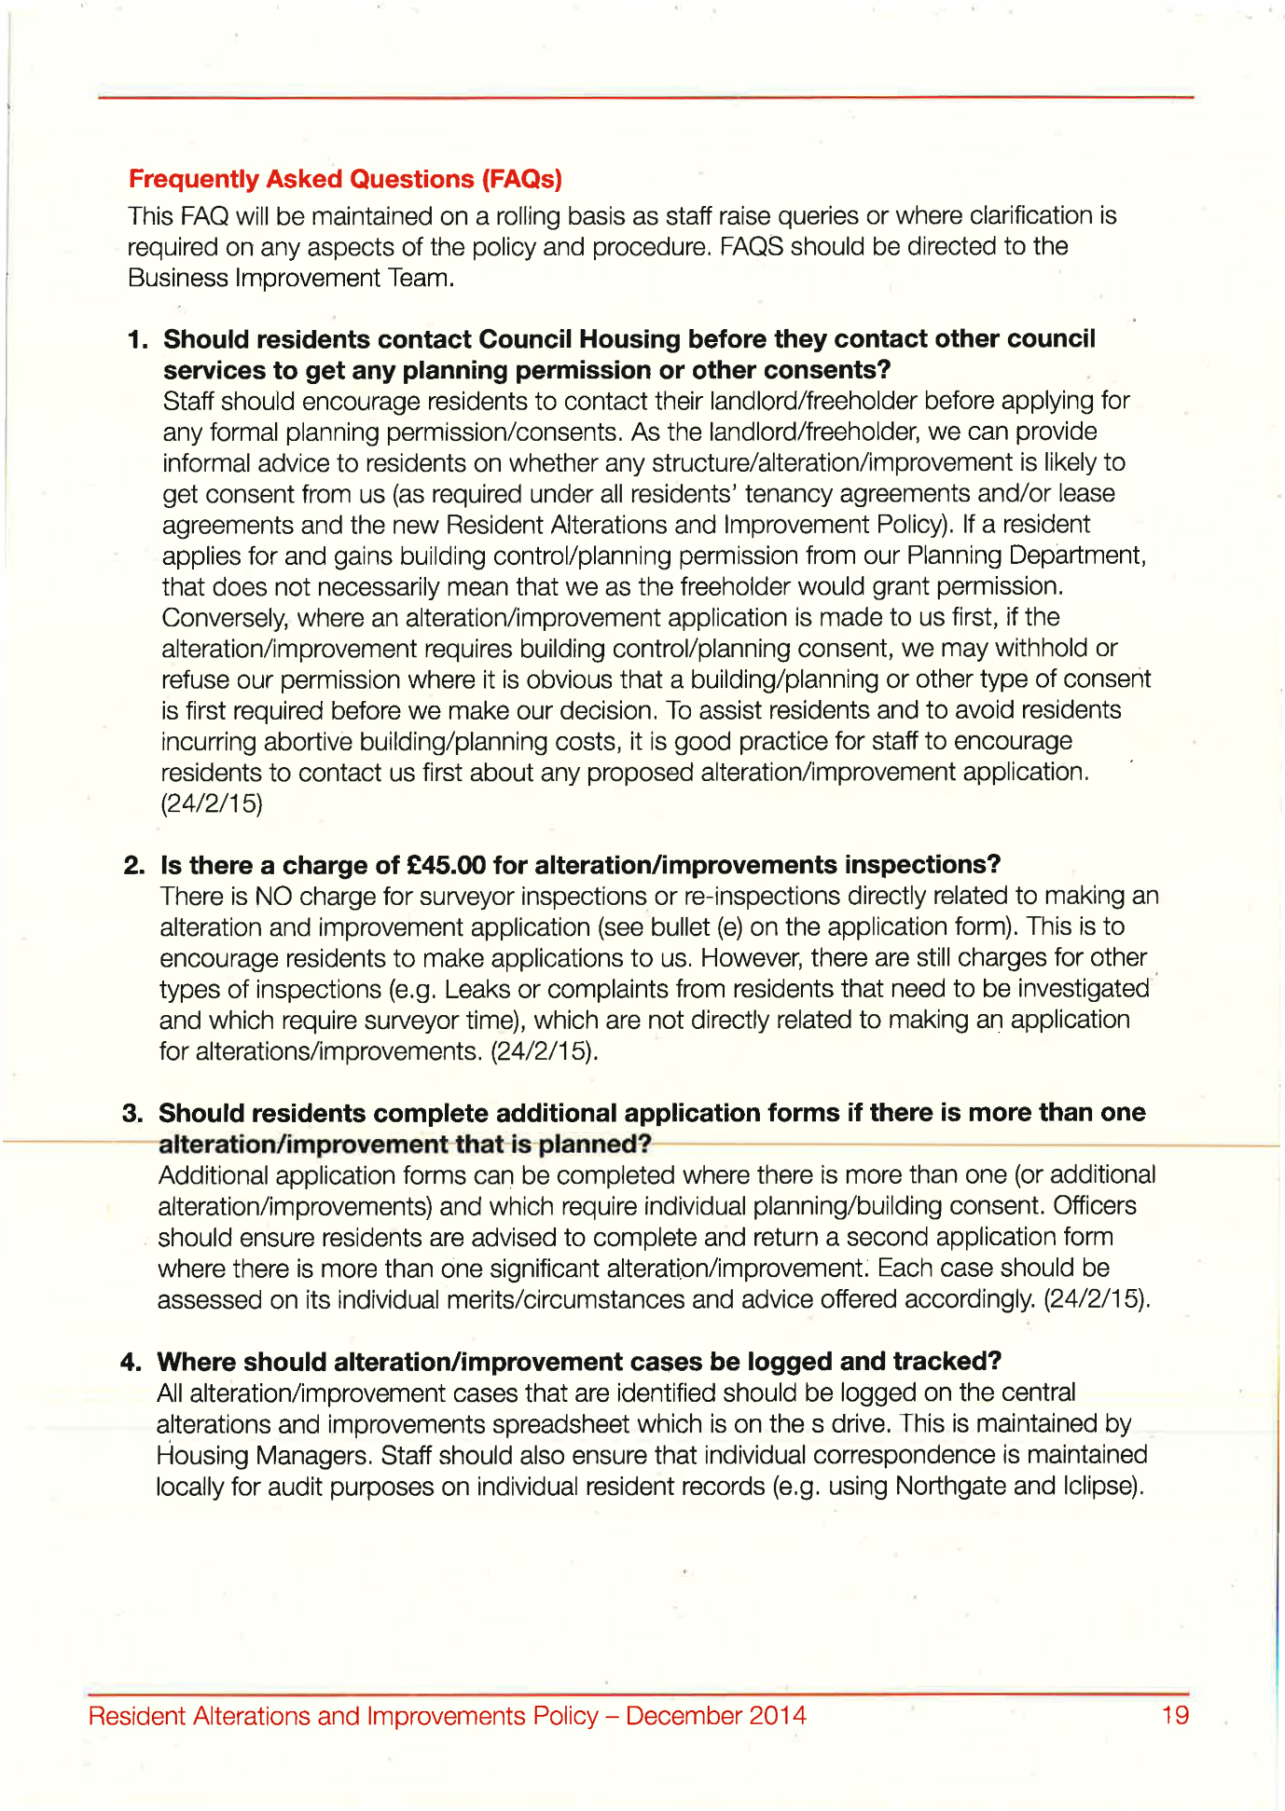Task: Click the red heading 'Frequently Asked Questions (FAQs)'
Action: tap(345, 178)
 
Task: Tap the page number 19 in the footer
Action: tap(1175, 1715)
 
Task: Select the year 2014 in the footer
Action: tap(778, 1715)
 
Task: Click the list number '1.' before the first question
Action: tap(138, 339)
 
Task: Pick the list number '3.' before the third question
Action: tap(132, 1113)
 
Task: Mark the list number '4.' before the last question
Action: tap(131, 1362)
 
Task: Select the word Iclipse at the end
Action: tap(1101, 1486)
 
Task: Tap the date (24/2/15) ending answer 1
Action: tap(212, 803)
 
